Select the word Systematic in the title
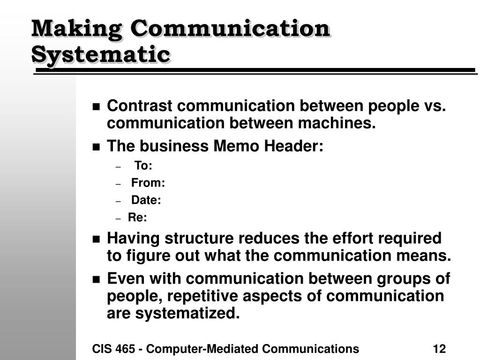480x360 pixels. tap(101, 55)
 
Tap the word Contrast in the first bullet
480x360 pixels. tap(140, 105)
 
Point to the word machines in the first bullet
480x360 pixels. tap(337, 123)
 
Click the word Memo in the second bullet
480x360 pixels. tap(236, 146)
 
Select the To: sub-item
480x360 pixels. tap(143, 165)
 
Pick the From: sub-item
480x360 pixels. tap(148, 183)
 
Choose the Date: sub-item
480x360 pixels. tap(146, 200)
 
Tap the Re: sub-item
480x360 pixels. tap(137, 217)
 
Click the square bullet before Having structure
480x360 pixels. tap(96, 239)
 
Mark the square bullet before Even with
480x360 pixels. tap(96, 279)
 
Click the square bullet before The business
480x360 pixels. tap(96, 147)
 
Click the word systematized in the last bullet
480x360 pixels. tap(187, 313)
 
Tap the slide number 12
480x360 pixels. tap(439, 349)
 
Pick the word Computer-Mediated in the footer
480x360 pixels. tap(202, 349)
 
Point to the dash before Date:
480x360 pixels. tap(119, 202)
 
